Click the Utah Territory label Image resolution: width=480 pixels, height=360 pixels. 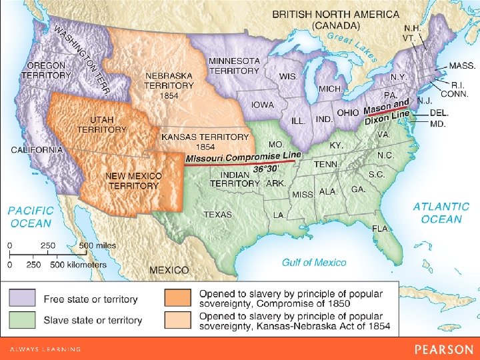[x=101, y=124]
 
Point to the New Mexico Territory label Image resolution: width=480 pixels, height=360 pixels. [x=133, y=180]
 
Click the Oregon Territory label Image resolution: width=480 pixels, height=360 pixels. [x=46, y=70]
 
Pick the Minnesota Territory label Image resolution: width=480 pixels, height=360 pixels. [x=234, y=65]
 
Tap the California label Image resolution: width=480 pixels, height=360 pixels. [x=37, y=150]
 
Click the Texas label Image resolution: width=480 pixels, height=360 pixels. [x=217, y=215]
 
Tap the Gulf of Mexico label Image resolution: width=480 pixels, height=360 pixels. [x=314, y=263]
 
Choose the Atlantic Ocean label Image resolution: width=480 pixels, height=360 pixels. [x=441, y=213]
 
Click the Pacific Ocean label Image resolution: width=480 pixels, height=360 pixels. [x=31, y=216]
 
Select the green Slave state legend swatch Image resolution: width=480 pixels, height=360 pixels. [x=24, y=320]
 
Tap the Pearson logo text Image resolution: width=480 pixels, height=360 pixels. [x=443, y=349]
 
